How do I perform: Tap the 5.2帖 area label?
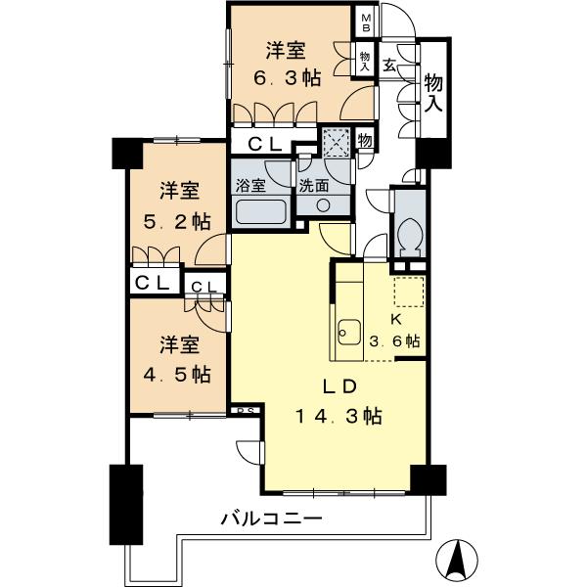[184, 221]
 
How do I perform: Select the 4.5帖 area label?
[184, 374]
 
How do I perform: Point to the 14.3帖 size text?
[339, 416]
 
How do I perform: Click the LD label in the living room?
[339, 384]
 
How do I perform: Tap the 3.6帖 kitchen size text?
[396, 341]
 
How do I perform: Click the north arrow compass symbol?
[455, 560]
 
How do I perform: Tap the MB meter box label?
[366, 23]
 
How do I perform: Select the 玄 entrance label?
[389, 67]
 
